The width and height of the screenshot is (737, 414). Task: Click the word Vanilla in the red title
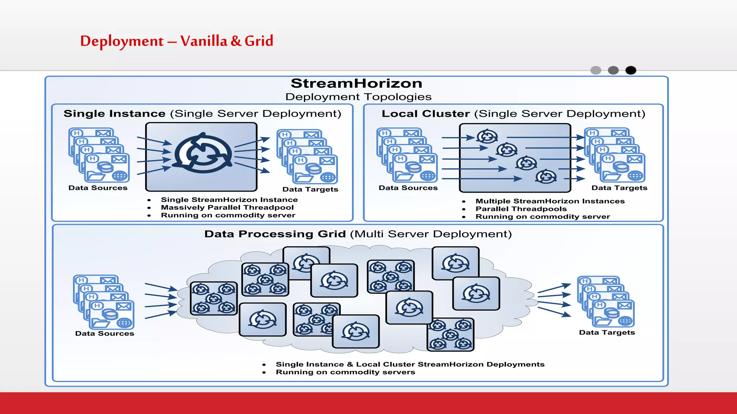point(204,41)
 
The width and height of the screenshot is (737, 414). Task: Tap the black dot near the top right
point(630,70)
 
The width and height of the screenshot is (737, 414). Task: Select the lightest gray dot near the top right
point(596,70)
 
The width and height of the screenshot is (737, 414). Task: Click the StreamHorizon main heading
point(356,83)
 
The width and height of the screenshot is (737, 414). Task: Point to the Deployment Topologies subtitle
point(358,97)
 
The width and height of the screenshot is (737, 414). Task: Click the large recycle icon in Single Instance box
point(203,153)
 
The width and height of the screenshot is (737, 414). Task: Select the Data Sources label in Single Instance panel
point(98,188)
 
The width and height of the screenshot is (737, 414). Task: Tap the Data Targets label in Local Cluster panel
point(619,188)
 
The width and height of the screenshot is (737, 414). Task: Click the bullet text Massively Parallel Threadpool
point(227,207)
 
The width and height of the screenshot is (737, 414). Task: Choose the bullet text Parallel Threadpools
point(521,209)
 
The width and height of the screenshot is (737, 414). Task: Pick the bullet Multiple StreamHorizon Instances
point(550,201)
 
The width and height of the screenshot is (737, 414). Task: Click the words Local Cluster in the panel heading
point(425,114)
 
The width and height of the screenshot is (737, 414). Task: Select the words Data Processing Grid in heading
point(275,234)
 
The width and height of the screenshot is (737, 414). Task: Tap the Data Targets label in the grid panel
point(607,332)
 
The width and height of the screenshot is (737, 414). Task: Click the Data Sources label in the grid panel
point(104,333)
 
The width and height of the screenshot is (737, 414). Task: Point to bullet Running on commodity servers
point(345,372)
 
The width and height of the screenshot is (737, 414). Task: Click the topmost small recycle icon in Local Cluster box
point(487,136)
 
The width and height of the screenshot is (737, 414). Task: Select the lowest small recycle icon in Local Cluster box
point(546,176)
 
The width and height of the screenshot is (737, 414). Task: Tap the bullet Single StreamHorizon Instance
point(229,200)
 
